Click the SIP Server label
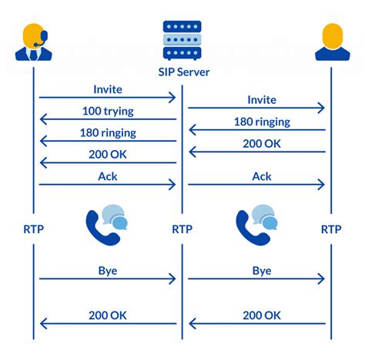[x=184, y=72]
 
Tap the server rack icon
[x=182, y=40]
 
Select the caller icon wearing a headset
[x=34, y=42]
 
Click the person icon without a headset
[x=333, y=42]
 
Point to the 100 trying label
[x=108, y=112]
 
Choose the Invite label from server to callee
[x=262, y=100]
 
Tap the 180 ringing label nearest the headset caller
[x=108, y=133]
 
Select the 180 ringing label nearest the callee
[x=262, y=122]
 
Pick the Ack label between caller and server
[x=108, y=176]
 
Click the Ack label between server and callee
[x=262, y=176]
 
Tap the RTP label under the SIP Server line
[x=182, y=229]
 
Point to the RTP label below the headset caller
[x=34, y=229]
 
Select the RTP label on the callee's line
[x=331, y=229]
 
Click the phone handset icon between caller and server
[x=101, y=229]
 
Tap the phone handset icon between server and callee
[x=251, y=229]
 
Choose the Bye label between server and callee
[x=262, y=271]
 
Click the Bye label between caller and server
[x=108, y=271]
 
